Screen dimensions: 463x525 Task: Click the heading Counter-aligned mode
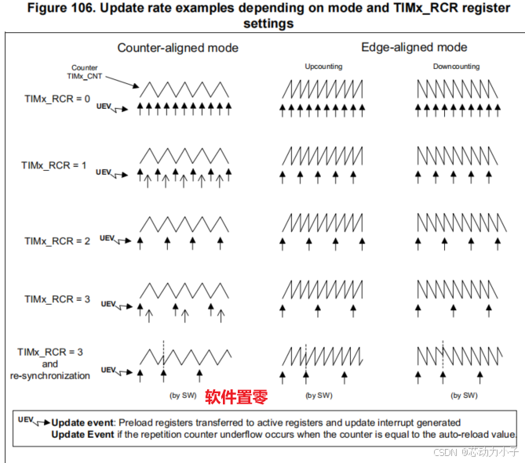click(x=177, y=48)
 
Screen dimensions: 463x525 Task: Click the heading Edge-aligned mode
click(x=414, y=48)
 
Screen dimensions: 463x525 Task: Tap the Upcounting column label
click(x=323, y=67)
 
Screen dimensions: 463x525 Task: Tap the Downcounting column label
click(x=456, y=67)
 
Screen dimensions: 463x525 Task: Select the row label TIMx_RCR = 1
click(x=54, y=166)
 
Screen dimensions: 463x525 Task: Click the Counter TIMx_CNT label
click(x=84, y=72)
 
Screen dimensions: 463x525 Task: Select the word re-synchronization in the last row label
click(x=51, y=375)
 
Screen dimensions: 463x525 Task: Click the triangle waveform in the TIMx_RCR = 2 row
click(x=184, y=224)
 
